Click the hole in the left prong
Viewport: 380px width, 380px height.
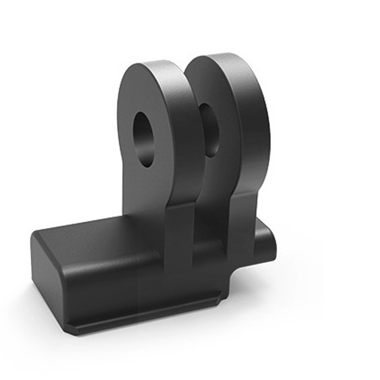tap(144, 140)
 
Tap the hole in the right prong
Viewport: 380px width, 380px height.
tap(209, 131)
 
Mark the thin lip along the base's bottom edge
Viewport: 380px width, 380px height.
tap(147, 320)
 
